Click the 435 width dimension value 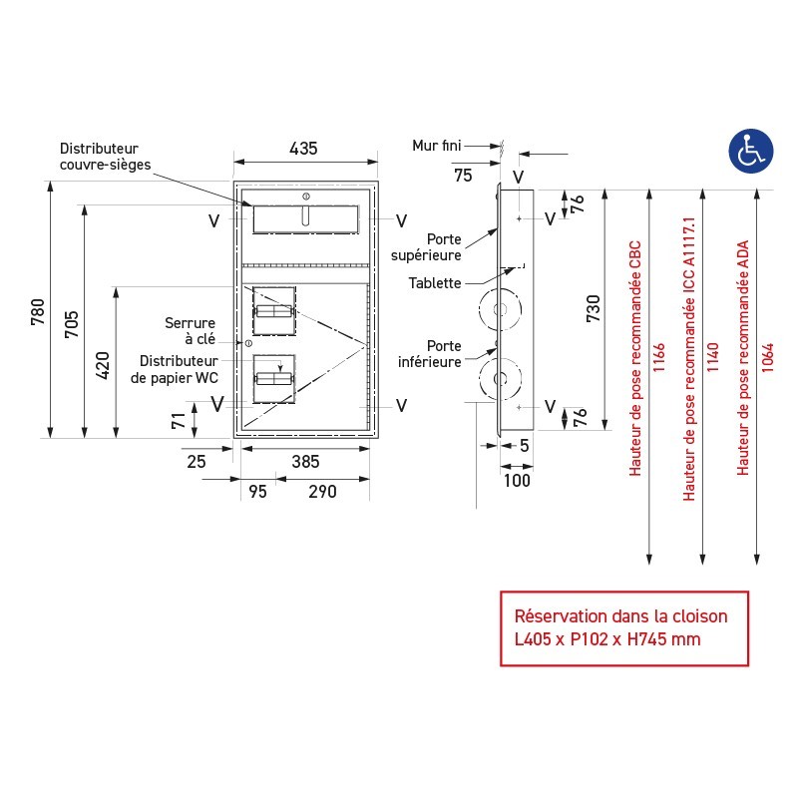click(x=303, y=149)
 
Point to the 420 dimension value click(x=103, y=366)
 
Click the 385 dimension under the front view click(x=306, y=461)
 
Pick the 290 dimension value click(x=322, y=491)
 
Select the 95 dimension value click(x=257, y=491)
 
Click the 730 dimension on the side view click(x=593, y=310)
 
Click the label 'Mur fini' click(x=437, y=146)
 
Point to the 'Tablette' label click(x=435, y=283)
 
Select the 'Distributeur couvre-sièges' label click(x=105, y=156)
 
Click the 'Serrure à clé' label click(x=193, y=331)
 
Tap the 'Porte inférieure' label click(x=430, y=353)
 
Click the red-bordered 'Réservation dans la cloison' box click(x=623, y=627)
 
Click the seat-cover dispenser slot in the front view click(x=306, y=218)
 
